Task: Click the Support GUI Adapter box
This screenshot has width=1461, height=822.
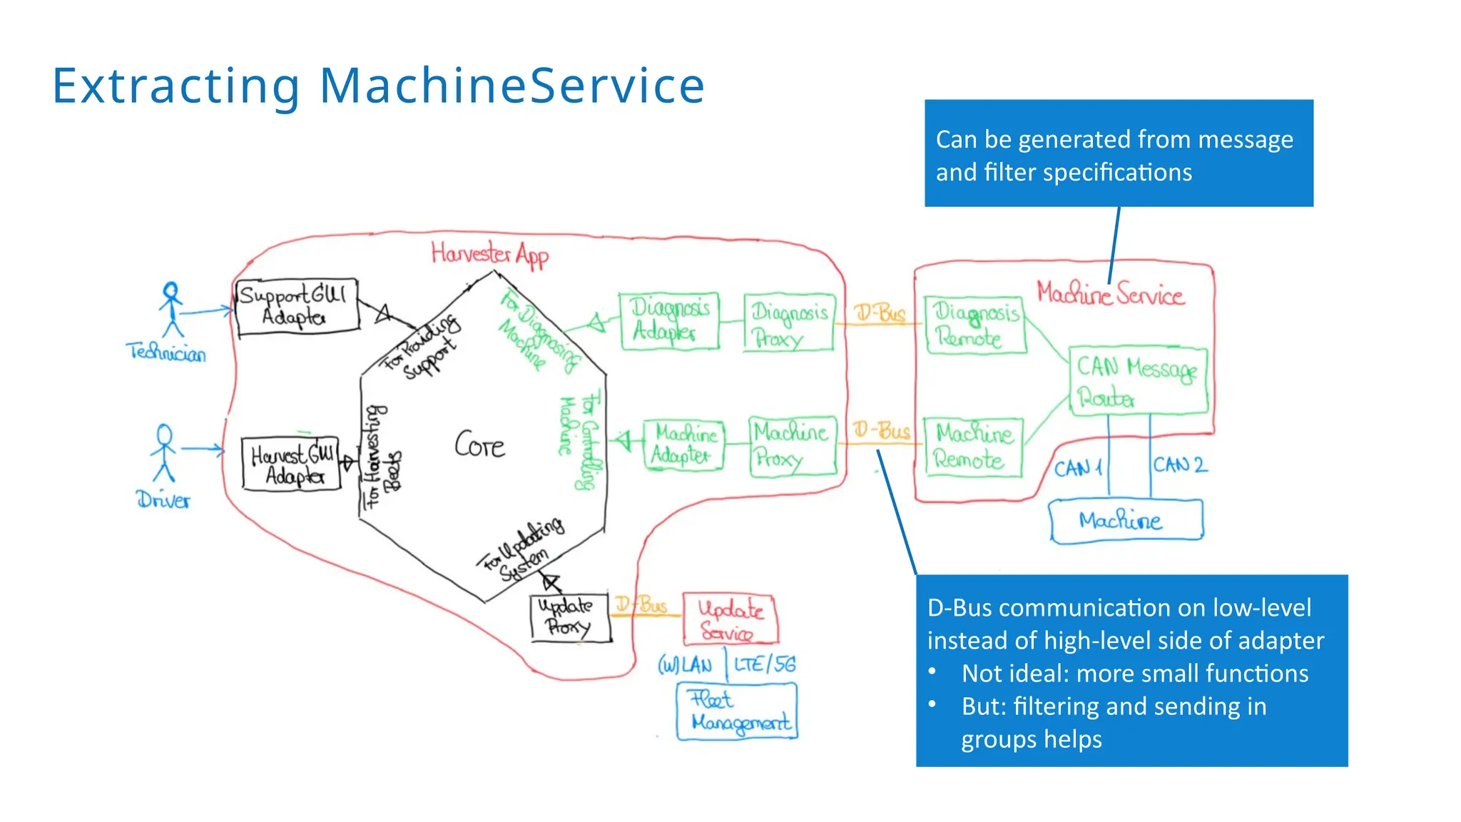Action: (297, 307)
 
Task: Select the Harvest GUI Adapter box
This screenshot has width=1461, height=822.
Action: (291, 465)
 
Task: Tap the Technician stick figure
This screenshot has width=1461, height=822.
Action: (171, 310)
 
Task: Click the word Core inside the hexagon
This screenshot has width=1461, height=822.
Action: (479, 446)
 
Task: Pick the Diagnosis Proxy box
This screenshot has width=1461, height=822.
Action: (788, 323)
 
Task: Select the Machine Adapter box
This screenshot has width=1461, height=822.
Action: (683, 445)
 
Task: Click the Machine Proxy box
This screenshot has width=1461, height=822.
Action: (792, 446)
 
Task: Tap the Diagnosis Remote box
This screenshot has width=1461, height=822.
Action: (975, 325)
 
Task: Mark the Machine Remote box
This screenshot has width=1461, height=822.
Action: (973, 447)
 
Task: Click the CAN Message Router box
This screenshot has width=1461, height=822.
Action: (1138, 381)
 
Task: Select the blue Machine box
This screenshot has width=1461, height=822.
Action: (1126, 521)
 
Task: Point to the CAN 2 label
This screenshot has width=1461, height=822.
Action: (1181, 465)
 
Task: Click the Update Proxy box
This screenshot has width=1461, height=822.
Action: (570, 618)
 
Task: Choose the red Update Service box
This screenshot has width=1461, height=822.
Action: (729, 619)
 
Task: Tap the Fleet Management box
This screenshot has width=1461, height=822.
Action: (737, 711)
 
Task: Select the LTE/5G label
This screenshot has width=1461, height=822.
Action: (764, 664)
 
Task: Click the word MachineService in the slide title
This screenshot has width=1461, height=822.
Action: (511, 86)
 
